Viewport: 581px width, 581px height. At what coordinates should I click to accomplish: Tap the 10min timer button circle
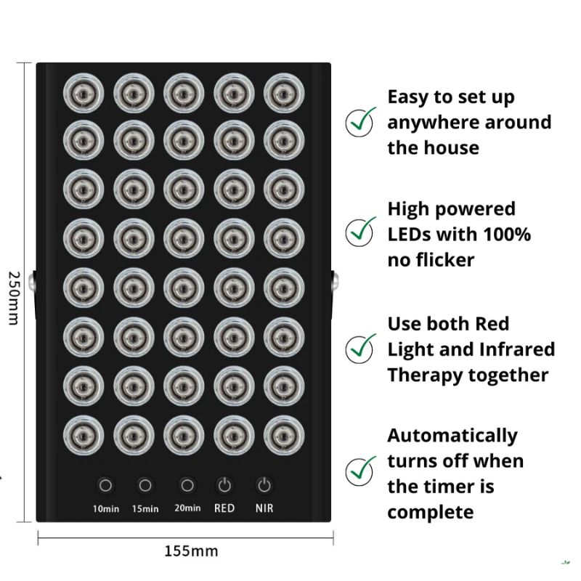click(x=105, y=485)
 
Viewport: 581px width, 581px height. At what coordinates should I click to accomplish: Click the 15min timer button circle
click(x=145, y=485)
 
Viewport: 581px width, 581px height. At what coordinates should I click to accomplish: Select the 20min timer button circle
click(x=187, y=485)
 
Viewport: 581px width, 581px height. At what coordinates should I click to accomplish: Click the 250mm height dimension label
click(x=14, y=298)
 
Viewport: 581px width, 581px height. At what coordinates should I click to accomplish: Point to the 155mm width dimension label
click(x=191, y=551)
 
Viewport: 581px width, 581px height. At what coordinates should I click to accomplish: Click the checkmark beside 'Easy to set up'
click(x=360, y=121)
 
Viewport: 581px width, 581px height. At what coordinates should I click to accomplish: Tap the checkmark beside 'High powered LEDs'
click(x=360, y=232)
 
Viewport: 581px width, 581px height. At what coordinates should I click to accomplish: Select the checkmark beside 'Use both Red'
click(x=360, y=349)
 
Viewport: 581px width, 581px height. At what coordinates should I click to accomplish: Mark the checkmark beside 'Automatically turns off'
click(x=360, y=471)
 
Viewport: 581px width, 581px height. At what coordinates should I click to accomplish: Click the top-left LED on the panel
click(x=84, y=94)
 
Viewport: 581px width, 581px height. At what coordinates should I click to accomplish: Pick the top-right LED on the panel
click(x=284, y=94)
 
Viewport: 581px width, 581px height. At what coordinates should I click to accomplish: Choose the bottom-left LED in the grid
click(x=84, y=435)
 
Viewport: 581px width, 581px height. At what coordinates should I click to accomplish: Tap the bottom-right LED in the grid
click(x=284, y=435)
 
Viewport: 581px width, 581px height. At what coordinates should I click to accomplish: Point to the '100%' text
click(x=507, y=234)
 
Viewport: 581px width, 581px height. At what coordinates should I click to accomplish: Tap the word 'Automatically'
click(x=452, y=436)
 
